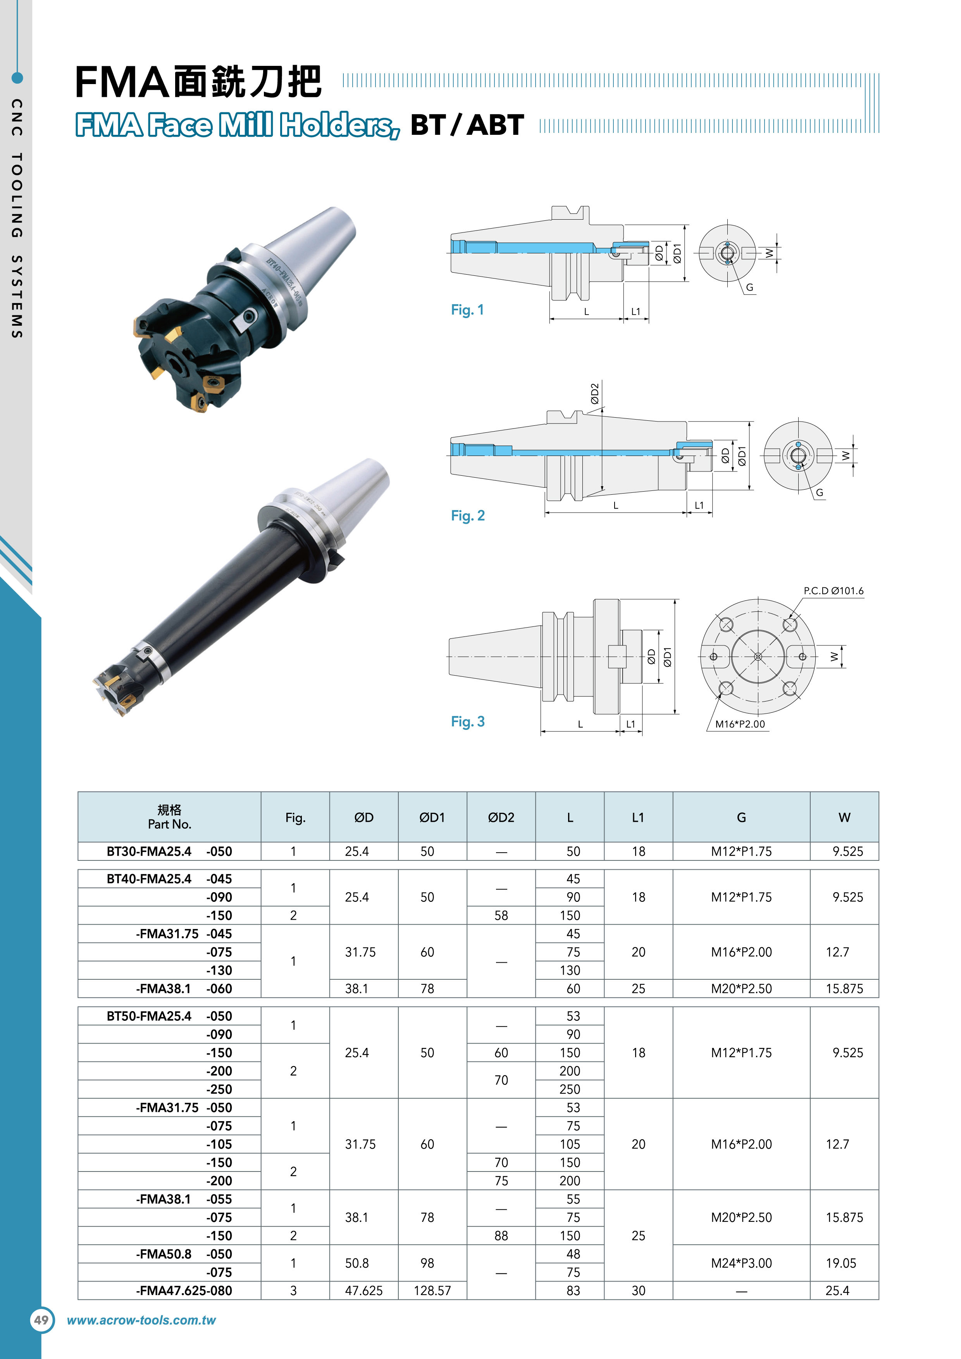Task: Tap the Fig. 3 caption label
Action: click(468, 721)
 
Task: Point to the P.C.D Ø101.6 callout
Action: click(833, 591)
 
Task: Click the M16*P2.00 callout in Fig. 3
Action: click(740, 724)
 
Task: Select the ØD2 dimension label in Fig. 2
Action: click(594, 394)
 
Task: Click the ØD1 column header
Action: click(432, 817)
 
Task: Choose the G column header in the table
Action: click(741, 817)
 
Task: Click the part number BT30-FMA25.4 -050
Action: click(169, 851)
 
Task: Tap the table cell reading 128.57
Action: click(432, 1290)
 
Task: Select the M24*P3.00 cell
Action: click(741, 1263)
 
